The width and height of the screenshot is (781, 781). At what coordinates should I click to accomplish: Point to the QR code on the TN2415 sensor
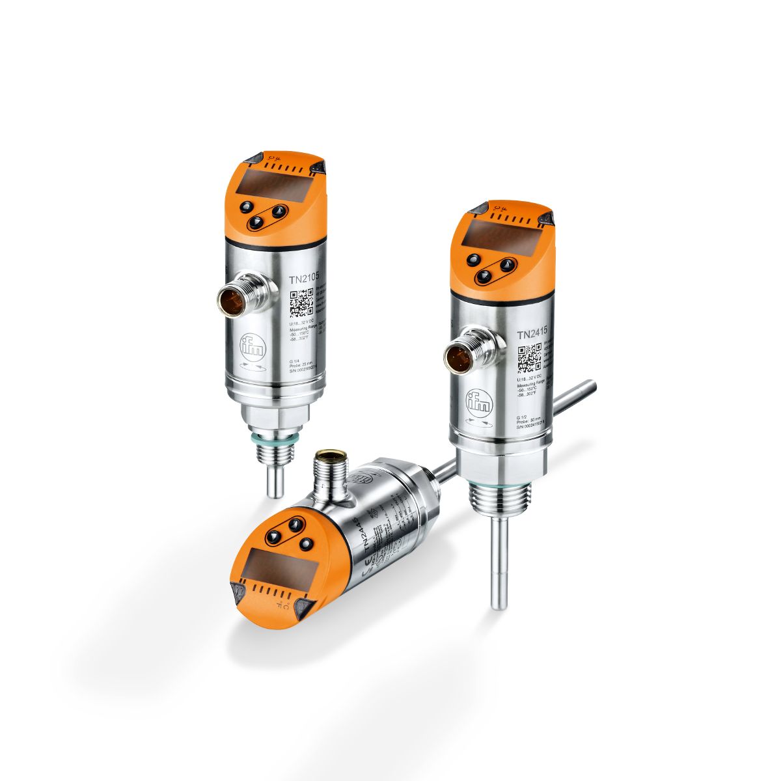(x=529, y=357)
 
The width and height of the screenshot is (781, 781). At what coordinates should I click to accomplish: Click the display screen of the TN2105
(x=264, y=183)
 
